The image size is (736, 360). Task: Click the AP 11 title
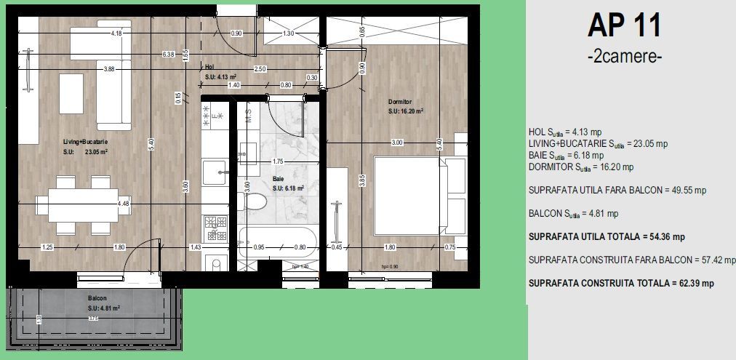click(624, 26)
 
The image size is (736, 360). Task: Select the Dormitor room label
click(400, 102)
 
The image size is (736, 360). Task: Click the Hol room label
click(209, 66)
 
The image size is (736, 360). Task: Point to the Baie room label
click(278, 178)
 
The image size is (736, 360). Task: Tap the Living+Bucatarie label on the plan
click(85, 143)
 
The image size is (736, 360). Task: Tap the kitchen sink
click(215, 174)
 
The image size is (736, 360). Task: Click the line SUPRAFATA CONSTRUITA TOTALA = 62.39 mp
click(621, 283)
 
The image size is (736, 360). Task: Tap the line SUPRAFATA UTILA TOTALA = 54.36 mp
click(607, 237)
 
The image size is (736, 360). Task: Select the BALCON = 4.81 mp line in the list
click(573, 214)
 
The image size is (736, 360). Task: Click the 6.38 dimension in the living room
click(169, 54)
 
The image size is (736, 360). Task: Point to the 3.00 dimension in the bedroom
click(396, 143)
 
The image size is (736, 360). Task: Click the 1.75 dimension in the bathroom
click(277, 161)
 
